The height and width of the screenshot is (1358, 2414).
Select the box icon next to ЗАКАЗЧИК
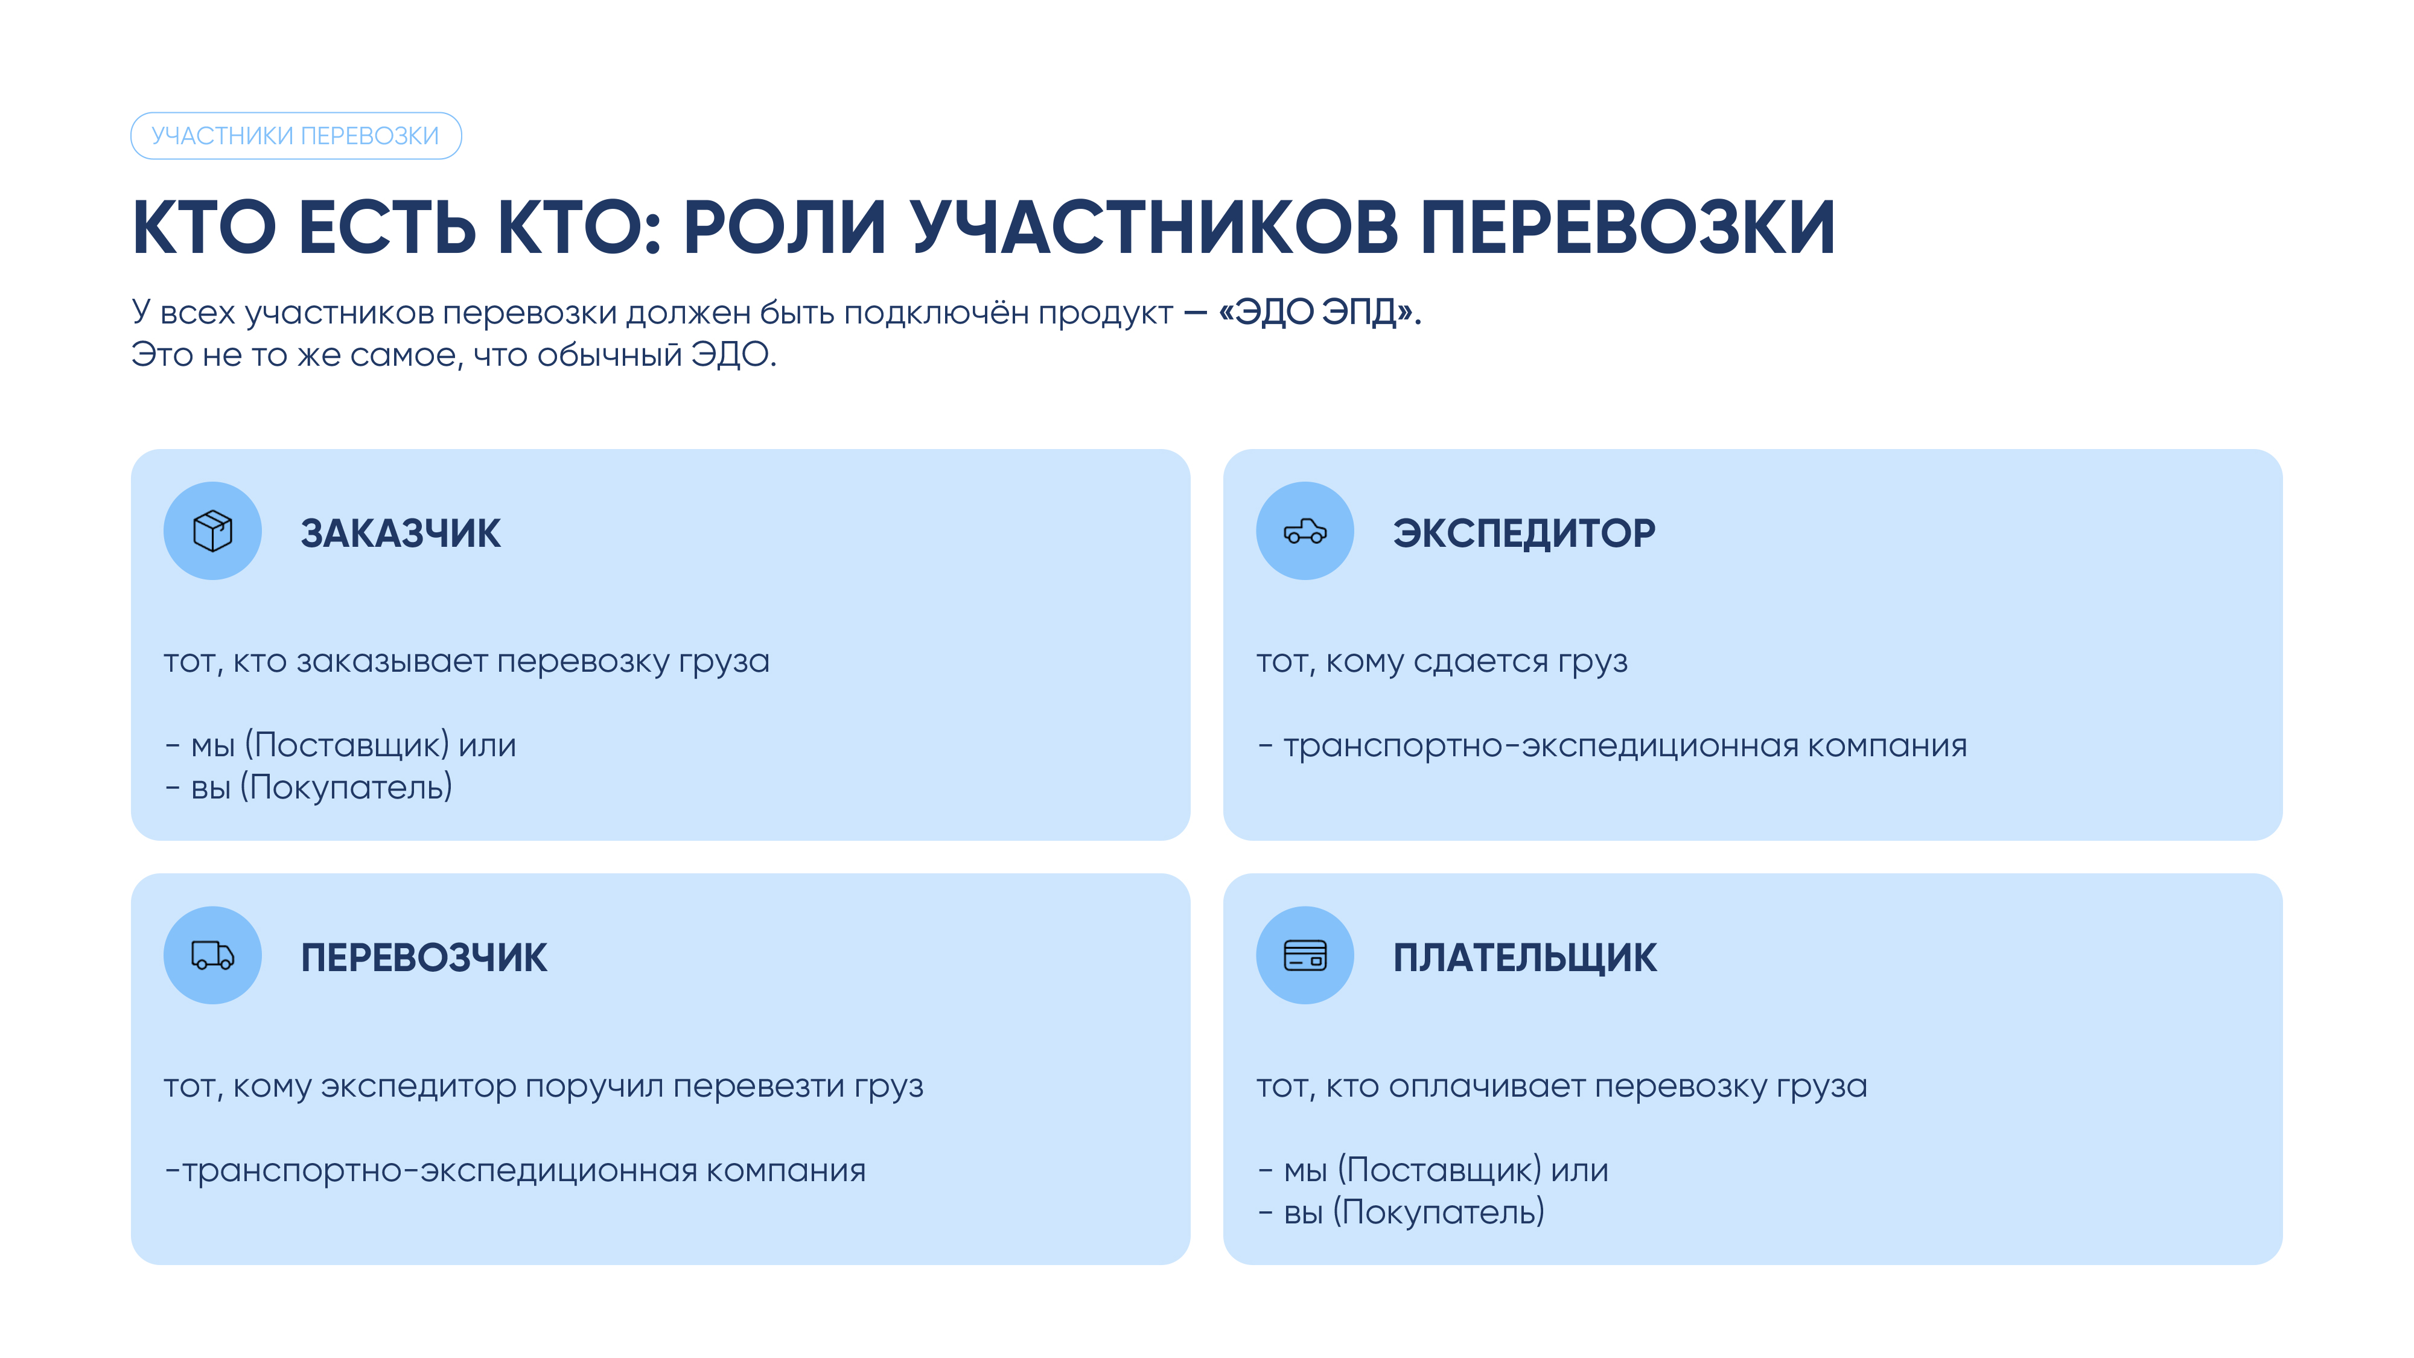point(212,531)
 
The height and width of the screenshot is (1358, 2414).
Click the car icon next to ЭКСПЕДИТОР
point(1304,531)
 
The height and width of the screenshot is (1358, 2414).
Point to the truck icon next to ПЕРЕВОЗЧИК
point(212,955)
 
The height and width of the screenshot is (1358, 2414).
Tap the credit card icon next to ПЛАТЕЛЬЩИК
point(1304,955)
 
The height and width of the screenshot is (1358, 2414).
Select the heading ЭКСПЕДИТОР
point(1524,534)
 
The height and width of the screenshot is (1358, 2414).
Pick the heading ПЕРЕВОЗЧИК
point(424,958)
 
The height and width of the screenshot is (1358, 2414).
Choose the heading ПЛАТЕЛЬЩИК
point(1524,958)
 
